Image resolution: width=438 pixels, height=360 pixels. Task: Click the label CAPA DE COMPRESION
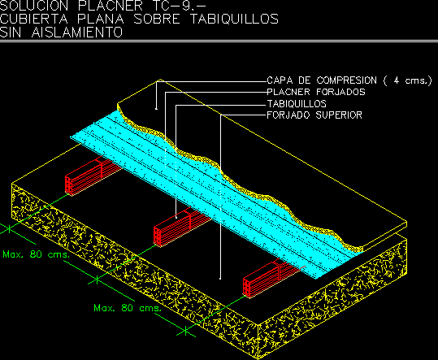pos(322,80)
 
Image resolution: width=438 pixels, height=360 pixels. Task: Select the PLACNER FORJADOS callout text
pos(316,92)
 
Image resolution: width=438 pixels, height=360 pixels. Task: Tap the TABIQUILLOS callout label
pos(297,104)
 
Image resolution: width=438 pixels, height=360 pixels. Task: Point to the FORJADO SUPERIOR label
pos(314,115)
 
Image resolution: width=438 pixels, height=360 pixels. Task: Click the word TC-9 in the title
pos(178,6)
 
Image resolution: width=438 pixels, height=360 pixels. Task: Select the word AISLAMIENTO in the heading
pos(77,33)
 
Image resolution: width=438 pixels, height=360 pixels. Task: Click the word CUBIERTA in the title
pos(34,19)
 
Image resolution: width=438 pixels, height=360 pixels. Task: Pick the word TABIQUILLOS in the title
pos(234,19)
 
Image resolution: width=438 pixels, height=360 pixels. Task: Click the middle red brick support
pos(181,228)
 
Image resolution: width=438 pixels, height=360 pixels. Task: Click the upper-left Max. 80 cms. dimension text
pos(35,254)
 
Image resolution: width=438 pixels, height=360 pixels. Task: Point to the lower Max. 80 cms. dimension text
pos(128,308)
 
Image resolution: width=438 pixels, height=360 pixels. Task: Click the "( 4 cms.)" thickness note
pos(408,80)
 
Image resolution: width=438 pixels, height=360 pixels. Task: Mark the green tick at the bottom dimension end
pos(186,332)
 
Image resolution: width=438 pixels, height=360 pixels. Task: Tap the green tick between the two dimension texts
pos(97,280)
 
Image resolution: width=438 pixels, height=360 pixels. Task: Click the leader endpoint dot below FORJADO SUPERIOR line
pos(220,279)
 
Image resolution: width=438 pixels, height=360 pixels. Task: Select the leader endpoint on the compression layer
pos(156,109)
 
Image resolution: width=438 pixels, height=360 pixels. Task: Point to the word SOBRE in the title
pos(157,19)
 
